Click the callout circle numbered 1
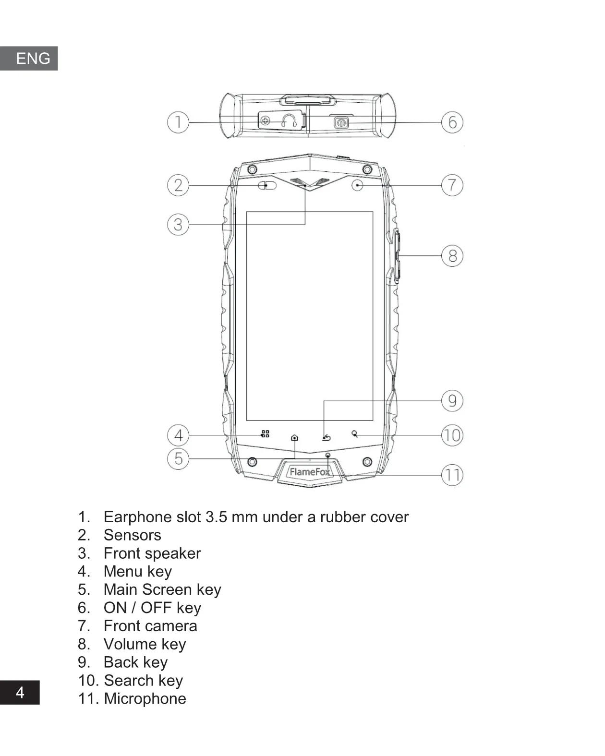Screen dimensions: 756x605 coord(178,122)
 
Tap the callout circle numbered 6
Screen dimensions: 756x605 coord(452,122)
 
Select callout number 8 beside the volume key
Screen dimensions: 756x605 coord(452,256)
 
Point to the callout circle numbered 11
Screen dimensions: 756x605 coord(452,475)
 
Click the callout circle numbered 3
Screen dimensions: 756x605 coord(178,224)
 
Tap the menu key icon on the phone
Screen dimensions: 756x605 coord(265,434)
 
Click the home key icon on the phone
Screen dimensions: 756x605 coord(294,437)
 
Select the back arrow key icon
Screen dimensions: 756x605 coord(327,437)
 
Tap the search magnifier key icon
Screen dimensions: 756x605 coord(355,434)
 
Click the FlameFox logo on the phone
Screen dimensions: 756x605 coord(310,472)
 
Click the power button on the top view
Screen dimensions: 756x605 coord(341,122)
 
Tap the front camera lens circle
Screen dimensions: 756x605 coord(357,185)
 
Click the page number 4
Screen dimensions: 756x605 coord(20,692)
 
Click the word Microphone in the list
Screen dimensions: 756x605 coord(145,698)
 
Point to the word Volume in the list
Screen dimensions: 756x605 coord(130,644)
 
